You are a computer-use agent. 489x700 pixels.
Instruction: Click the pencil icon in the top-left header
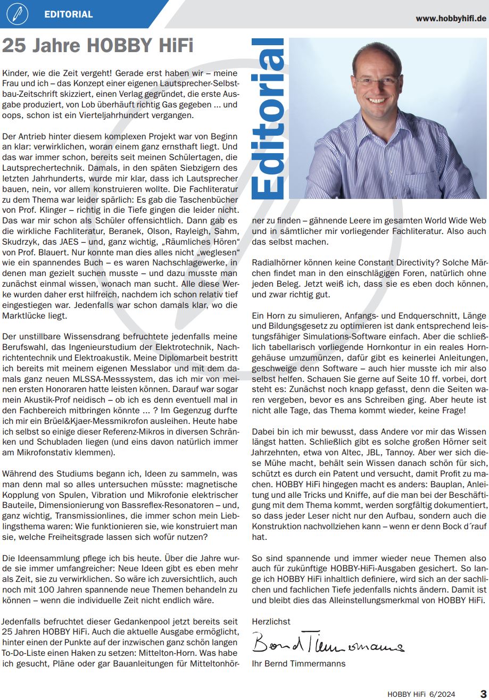click(18, 14)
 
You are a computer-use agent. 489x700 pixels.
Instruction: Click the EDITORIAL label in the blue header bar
click(69, 14)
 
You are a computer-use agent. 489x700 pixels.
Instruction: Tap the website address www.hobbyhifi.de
click(451, 18)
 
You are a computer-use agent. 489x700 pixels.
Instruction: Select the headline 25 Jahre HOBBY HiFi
click(97, 46)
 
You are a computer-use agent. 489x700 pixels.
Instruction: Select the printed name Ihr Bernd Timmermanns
click(299, 663)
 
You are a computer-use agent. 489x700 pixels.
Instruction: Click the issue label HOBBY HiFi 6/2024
click(421, 694)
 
